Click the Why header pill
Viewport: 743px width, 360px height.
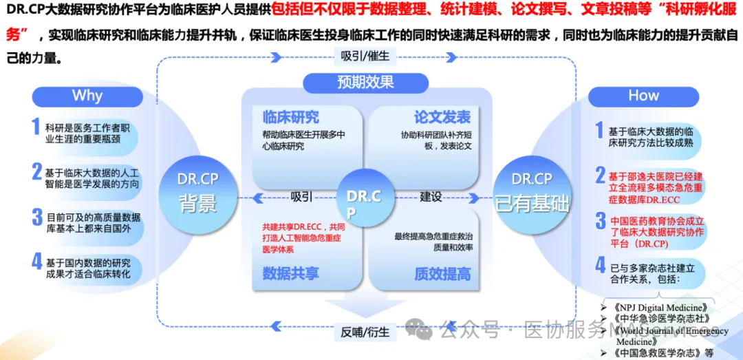coord(87,95)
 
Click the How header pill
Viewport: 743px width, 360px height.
coord(643,95)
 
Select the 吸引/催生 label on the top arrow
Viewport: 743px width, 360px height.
coord(365,56)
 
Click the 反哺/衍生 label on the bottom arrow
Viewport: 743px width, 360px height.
coord(365,332)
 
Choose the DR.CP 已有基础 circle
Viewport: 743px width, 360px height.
coord(532,192)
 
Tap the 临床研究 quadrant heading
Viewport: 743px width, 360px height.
coord(286,117)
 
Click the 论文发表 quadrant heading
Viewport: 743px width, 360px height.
coord(442,117)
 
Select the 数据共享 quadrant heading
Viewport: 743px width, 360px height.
coord(290,273)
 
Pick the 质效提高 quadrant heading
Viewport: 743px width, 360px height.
coord(442,273)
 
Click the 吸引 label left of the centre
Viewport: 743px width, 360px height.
coord(301,197)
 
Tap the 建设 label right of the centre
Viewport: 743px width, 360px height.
coord(431,197)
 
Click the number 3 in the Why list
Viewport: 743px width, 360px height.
coord(37,218)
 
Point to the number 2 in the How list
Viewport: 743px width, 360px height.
coord(600,175)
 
